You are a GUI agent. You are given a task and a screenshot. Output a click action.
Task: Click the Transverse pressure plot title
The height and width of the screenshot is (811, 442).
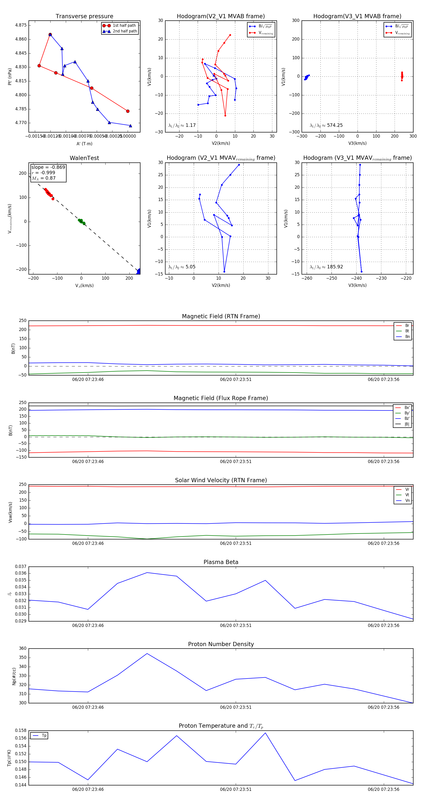tap(84, 16)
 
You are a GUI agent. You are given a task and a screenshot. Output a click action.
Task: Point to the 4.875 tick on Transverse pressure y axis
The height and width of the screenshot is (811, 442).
tap(21, 25)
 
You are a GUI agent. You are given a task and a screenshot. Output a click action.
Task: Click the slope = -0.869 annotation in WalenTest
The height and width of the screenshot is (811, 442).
tap(48, 167)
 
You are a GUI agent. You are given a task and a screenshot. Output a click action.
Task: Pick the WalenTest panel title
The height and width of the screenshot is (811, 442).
tap(84, 158)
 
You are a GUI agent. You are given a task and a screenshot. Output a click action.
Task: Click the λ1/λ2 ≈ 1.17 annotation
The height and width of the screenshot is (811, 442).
tap(182, 125)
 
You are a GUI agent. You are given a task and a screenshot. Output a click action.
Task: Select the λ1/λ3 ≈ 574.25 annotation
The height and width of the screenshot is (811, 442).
tap(326, 125)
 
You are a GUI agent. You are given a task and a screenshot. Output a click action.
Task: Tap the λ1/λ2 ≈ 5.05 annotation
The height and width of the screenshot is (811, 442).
tap(182, 267)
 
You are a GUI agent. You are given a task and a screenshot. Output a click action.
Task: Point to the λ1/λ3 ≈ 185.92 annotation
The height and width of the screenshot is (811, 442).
tap(326, 267)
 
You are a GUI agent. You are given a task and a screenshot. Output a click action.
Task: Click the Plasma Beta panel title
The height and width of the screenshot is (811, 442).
tap(221, 562)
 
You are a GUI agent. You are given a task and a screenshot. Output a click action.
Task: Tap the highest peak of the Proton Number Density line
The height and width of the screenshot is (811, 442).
tap(147, 653)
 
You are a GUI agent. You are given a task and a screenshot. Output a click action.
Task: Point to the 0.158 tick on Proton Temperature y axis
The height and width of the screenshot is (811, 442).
tap(21, 730)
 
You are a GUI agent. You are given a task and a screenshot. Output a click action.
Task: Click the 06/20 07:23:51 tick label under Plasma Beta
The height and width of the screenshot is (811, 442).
tap(236, 625)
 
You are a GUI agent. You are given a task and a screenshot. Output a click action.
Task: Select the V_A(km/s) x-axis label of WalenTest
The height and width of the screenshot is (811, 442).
tap(84, 286)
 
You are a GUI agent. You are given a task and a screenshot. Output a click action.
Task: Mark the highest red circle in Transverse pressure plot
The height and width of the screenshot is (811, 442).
tap(50, 35)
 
